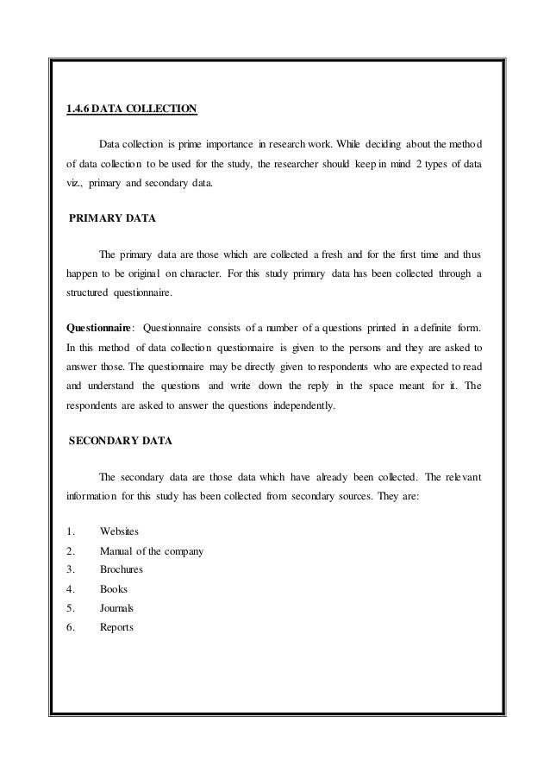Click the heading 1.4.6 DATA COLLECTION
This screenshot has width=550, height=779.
click(132, 109)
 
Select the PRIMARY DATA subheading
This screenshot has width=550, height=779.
click(113, 219)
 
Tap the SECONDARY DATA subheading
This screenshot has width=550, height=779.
click(121, 441)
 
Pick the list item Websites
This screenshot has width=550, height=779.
click(120, 529)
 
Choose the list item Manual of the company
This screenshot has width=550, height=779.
click(151, 550)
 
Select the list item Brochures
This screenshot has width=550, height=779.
click(122, 569)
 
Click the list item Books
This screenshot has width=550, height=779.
click(114, 589)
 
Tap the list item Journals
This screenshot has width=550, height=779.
click(116, 608)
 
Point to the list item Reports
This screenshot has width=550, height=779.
click(116, 627)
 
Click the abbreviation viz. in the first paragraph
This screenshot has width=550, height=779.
click(77, 183)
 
